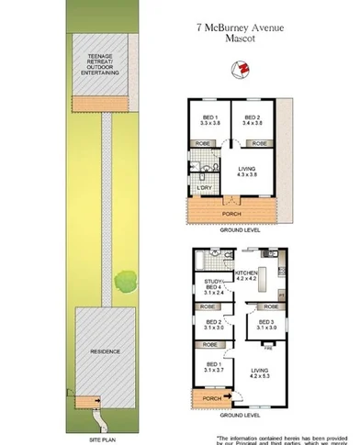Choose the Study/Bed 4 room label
pos(213,287)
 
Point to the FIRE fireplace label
pos(267,349)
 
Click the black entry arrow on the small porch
pos(225,395)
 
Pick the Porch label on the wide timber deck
pos(234,214)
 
